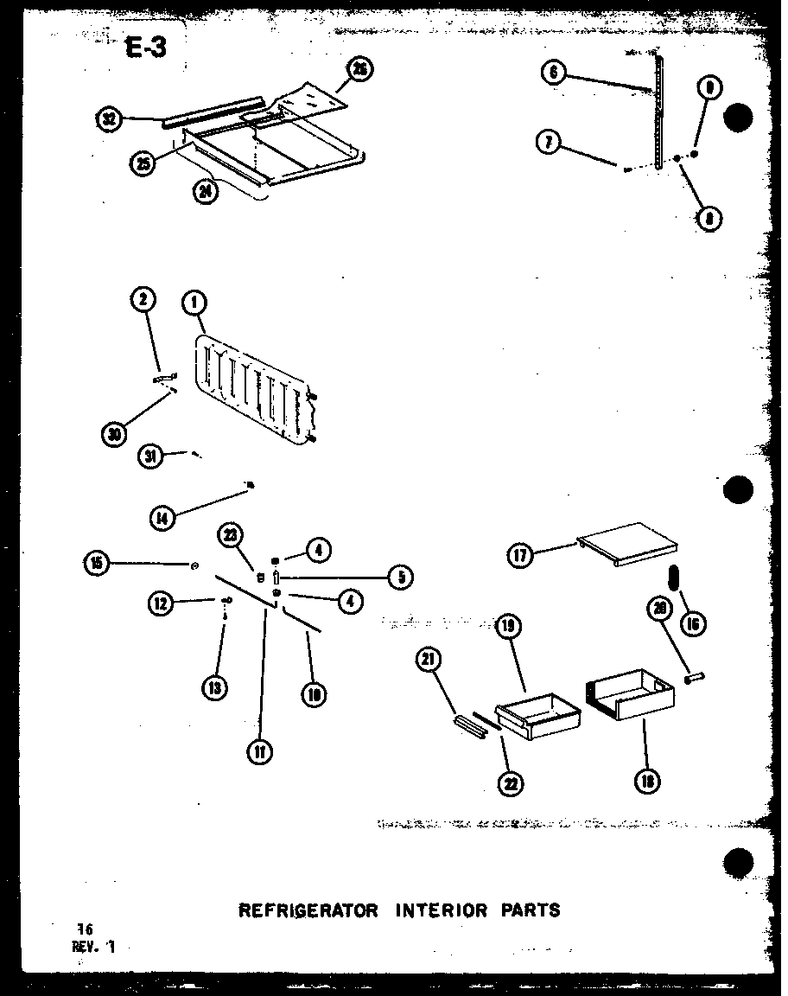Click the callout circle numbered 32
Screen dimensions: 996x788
pyautogui.click(x=109, y=120)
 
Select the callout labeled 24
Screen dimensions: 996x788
pyautogui.click(x=205, y=192)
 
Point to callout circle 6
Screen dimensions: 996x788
pyautogui.click(x=553, y=73)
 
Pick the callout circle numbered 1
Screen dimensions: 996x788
pyautogui.click(x=194, y=302)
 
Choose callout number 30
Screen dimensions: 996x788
pyautogui.click(x=113, y=435)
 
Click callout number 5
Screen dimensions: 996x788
pyautogui.click(x=399, y=577)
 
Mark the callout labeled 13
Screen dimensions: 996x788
pyautogui.click(x=214, y=687)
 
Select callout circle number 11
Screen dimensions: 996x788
pyautogui.click(x=258, y=752)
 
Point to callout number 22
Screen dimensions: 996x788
pyautogui.click(x=511, y=784)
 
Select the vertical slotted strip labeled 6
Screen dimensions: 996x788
pyautogui.click(x=659, y=112)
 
